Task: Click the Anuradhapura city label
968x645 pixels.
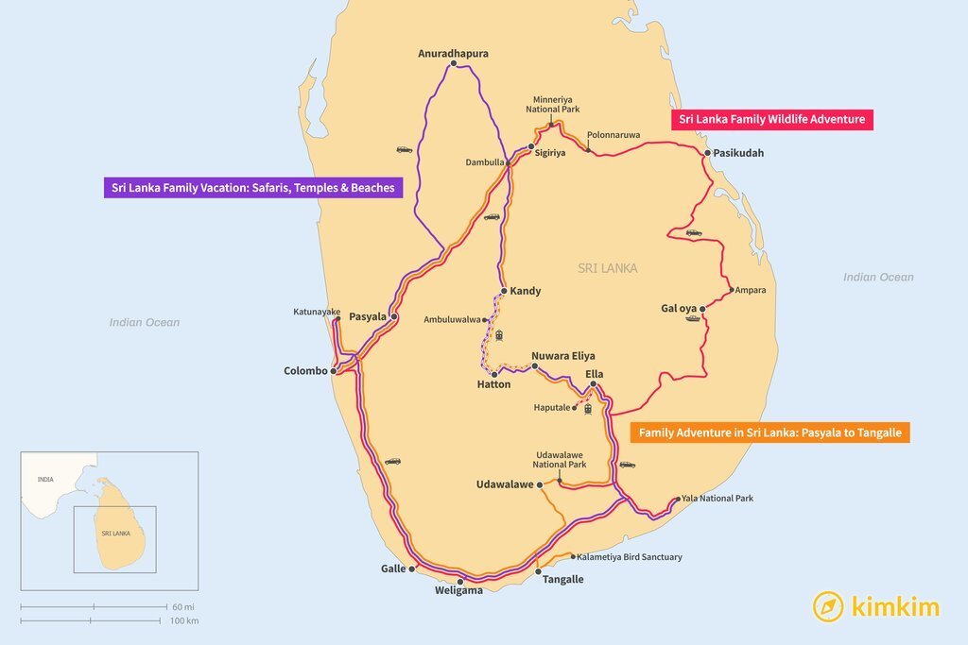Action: click(453, 54)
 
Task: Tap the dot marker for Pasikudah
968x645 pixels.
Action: click(706, 152)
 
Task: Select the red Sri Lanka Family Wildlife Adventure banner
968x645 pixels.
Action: click(771, 120)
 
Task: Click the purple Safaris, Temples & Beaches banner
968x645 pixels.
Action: click(254, 188)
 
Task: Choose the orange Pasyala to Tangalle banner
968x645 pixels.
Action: click(770, 433)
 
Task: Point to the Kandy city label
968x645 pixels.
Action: click(525, 291)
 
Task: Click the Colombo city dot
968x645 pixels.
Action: click(334, 371)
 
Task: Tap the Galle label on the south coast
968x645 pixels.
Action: click(392, 569)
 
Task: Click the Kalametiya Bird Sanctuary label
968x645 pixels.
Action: click(629, 557)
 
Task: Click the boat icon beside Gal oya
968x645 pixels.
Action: click(693, 318)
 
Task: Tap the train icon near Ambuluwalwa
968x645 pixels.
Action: click(498, 334)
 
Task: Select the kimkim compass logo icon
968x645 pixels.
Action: click(828, 606)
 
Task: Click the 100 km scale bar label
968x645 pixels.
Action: click(185, 620)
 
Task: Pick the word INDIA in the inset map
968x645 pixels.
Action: click(45, 480)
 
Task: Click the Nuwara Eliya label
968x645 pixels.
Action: click(562, 356)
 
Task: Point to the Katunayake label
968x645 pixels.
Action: click(317, 312)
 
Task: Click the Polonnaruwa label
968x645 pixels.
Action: click(613, 135)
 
